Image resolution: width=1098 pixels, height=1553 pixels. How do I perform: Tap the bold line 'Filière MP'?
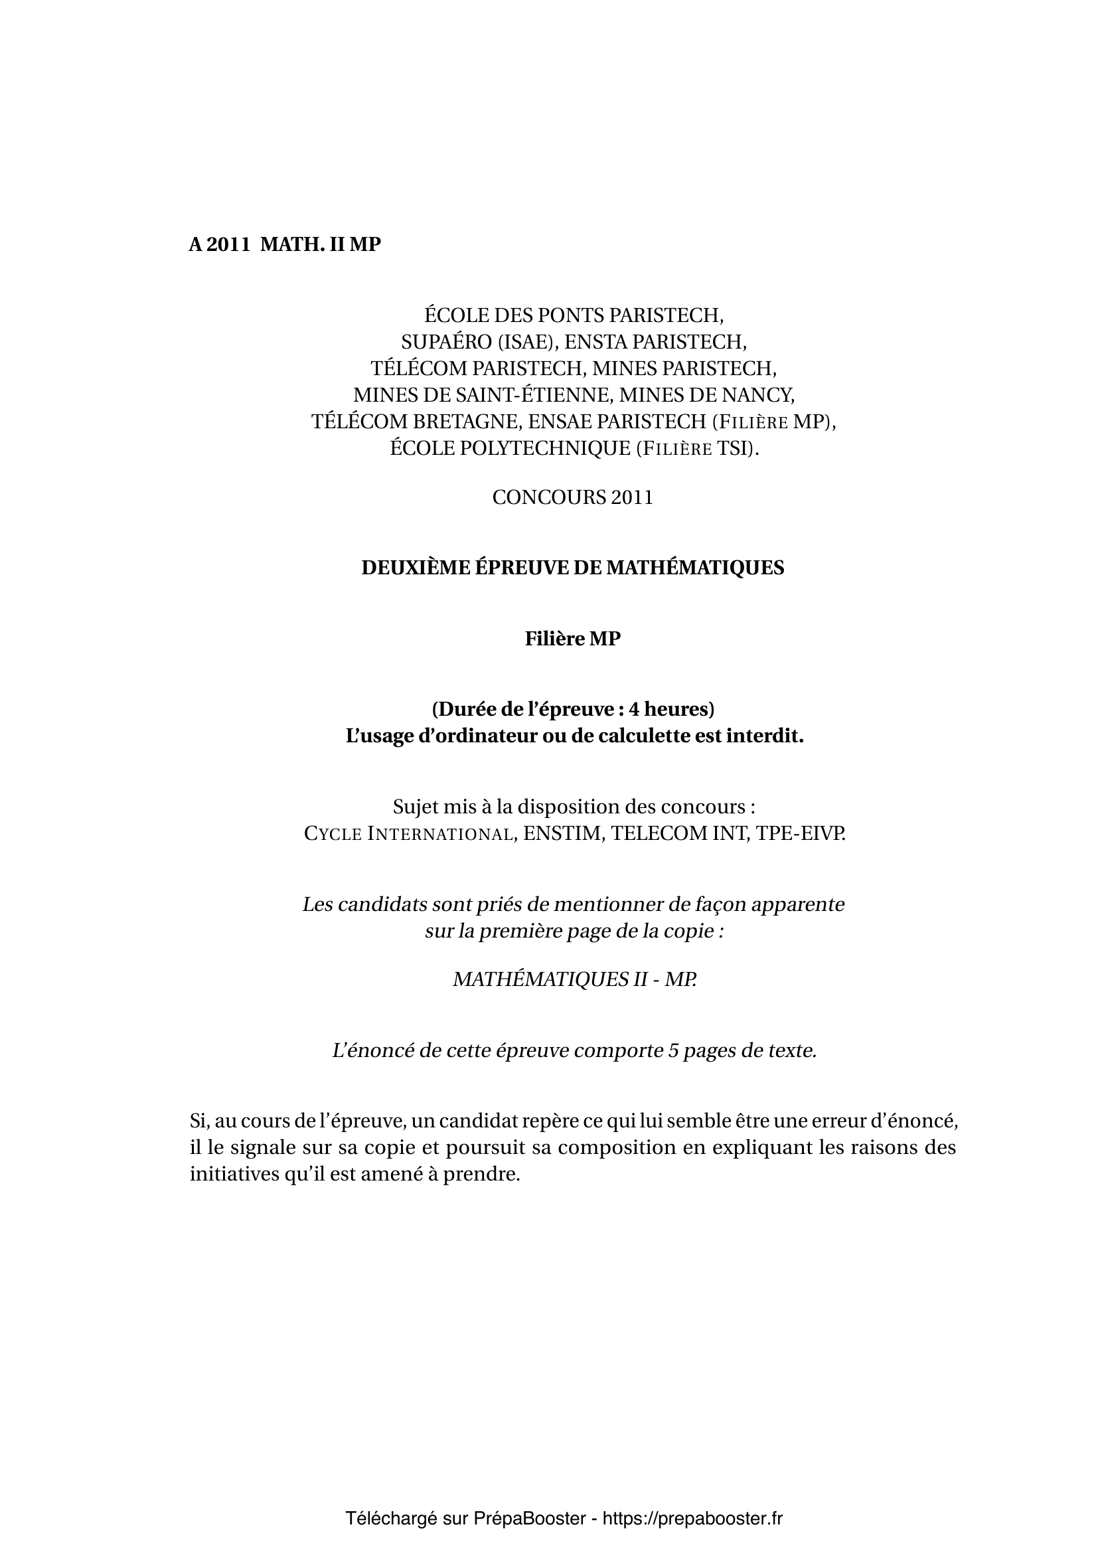573,639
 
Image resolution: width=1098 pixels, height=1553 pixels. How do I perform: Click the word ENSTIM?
562,833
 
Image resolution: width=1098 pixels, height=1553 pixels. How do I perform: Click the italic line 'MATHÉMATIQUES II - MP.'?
574,979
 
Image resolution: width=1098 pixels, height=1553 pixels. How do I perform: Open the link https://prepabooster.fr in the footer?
692,1518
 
